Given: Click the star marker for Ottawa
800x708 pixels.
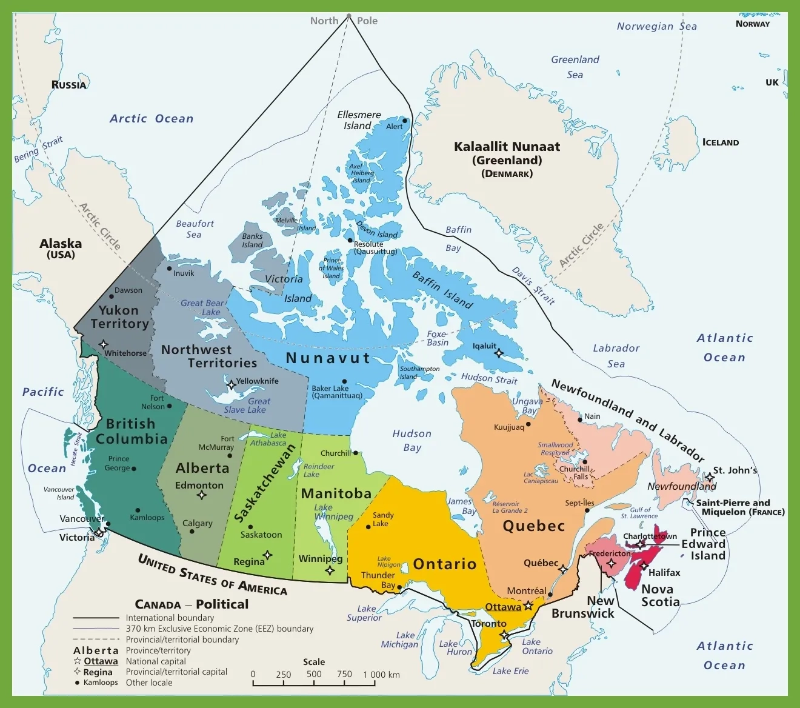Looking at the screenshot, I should pyautogui.click(x=528, y=606).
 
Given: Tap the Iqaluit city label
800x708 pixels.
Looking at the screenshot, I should pyautogui.click(x=484, y=346).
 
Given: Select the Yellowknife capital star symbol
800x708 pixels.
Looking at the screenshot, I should pyautogui.click(x=230, y=385).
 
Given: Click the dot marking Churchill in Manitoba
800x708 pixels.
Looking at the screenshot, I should pyautogui.click(x=356, y=453).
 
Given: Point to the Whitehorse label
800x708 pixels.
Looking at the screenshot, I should pyautogui.click(x=125, y=353).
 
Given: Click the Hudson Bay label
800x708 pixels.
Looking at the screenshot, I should pyautogui.click(x=412, y=441).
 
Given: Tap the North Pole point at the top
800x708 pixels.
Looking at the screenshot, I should pyautogui.click(x=348, y=16).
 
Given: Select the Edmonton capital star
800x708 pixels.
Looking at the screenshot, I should pyautogui.click(x=202, y=495).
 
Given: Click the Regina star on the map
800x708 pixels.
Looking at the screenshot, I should pyautogui.click(x=267, y=555).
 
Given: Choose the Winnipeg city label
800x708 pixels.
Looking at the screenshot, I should pyautogui.click(x=320, y=559).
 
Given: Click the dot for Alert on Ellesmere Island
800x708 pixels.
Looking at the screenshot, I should pyautogui.click(x=405, y=121).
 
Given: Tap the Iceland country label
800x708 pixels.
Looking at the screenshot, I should pyautogui.click(x=721, y=142).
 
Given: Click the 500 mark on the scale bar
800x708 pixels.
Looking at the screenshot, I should pyautogui.click(x=314, y=675).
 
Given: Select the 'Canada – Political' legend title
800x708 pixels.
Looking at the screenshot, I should pyautogui.click(x=192, y=604).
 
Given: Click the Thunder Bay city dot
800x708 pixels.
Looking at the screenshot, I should pyautogui.click(x=400, y=586).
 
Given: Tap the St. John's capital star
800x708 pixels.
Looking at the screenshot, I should pyautogui.click(x=710, y=477).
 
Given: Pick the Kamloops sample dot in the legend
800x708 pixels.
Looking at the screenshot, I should pyautogui.click(x=77, y=683).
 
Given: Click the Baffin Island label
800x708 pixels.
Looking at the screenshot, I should pyautogui.click(x=442, y=290).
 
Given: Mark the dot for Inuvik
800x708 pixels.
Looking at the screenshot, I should pyautogui.click(x=169, y=268).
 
